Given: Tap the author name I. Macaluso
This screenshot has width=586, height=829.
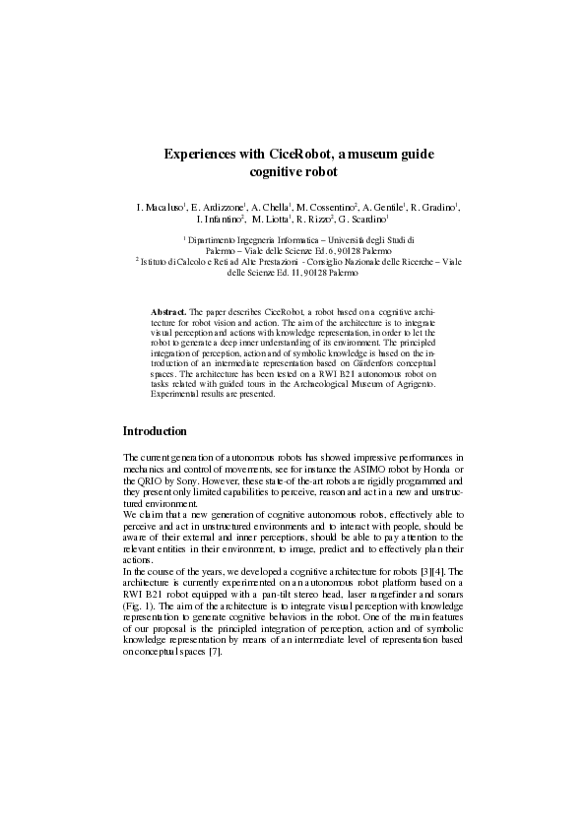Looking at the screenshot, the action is tap(160, 208).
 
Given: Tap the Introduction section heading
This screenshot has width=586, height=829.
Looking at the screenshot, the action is tap(162, 431).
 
